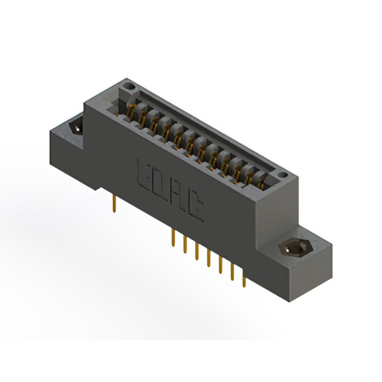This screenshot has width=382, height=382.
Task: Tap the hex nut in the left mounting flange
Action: [76, 127]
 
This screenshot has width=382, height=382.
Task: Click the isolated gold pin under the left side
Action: [114, 203]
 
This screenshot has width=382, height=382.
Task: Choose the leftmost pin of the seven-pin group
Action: [172, 238]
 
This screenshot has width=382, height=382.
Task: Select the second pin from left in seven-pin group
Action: [184, 245]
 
